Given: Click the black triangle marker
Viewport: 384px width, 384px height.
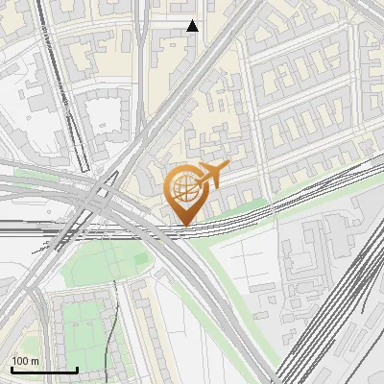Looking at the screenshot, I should click(x=192, y=26).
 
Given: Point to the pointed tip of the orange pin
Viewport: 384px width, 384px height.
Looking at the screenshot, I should click(x=183, y=225).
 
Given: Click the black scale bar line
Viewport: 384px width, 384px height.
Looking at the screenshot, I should click(x=43, y=370).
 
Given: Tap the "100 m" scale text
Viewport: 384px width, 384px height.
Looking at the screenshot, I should click(x=25, y=361).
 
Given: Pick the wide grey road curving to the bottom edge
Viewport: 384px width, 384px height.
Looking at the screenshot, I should click(x=230, y=317).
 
